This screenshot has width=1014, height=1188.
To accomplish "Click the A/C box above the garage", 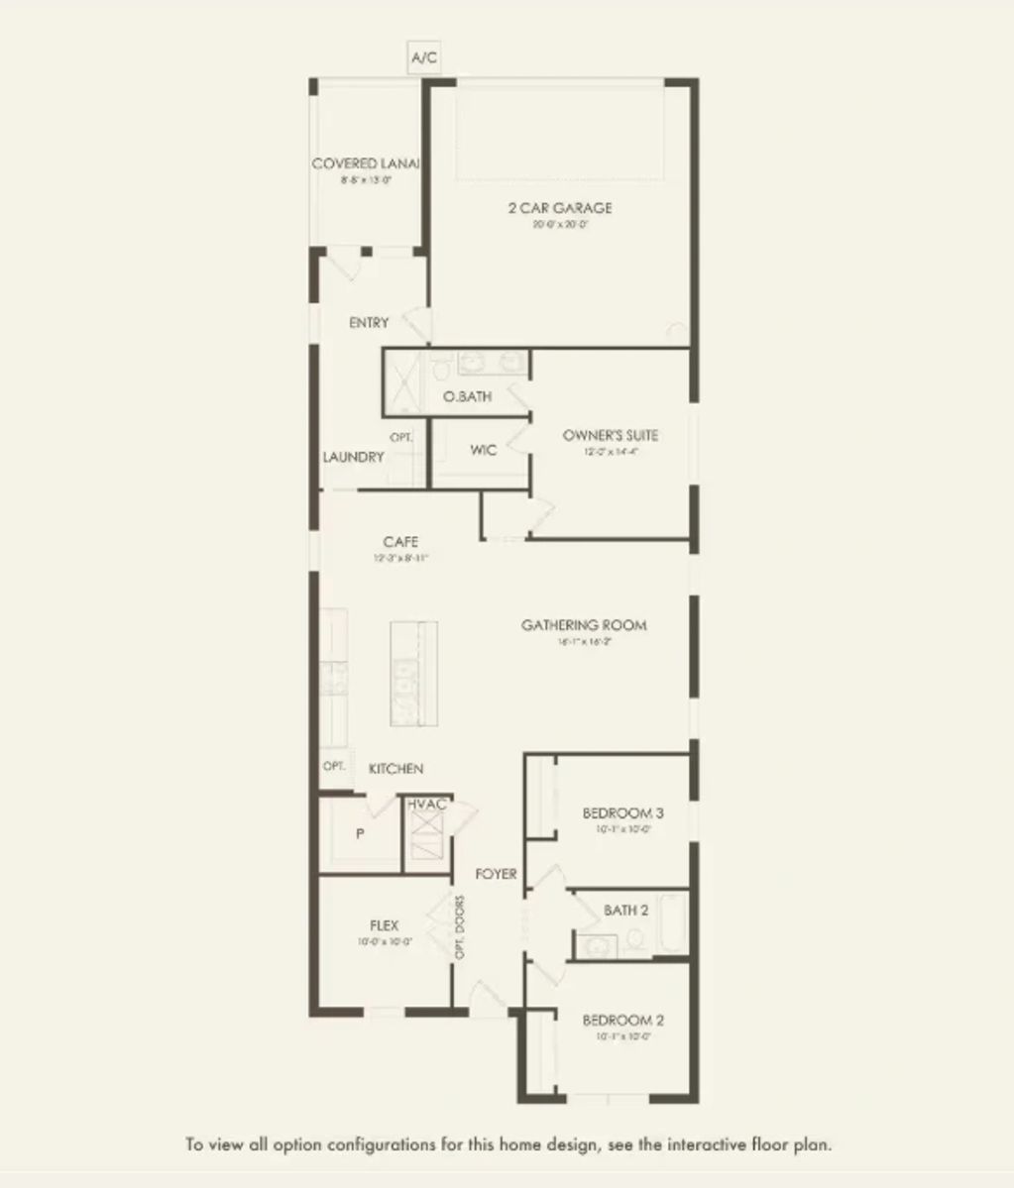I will pos(424,58).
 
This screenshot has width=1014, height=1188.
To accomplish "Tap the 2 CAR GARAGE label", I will pos(559,208).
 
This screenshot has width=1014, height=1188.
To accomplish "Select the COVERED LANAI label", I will pos(366,163).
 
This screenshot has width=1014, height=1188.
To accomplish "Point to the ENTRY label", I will pos(369,323).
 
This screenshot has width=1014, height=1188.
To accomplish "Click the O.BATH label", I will pos(468,397).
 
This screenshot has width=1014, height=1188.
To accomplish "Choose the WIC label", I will pos(483,450).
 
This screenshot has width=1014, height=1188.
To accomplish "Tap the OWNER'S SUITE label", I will pos(610,435).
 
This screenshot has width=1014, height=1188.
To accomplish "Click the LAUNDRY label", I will pos(354,457).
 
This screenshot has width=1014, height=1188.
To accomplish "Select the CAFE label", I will pos(400,542).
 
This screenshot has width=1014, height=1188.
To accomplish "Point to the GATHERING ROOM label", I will pos(584,625).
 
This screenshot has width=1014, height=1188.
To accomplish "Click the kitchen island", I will pos(413,673).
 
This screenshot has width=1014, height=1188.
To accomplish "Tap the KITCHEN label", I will pos(396,769).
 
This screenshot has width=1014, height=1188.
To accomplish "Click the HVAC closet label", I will pos(428,805).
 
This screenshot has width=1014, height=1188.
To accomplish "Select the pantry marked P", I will pos(360,834).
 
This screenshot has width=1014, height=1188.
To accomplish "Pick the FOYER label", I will pos(496,874).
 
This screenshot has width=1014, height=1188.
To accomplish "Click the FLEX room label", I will pos(384,925).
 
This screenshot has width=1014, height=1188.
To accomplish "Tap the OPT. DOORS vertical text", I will pos(460,927).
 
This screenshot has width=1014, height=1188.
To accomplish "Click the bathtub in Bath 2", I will pos(673,923).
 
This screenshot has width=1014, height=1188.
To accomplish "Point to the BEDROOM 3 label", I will pos(622,813).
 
